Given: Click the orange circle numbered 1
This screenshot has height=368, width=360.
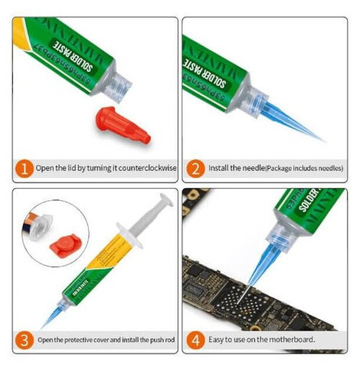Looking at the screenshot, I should pos(24,168).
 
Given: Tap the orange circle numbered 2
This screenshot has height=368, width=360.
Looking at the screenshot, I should pos(196,168).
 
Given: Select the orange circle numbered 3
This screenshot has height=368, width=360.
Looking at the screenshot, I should pos(24,338).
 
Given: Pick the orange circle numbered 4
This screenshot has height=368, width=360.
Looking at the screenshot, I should pos(196,338).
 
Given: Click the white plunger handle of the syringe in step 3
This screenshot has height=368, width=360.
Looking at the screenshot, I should pos(157,205).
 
